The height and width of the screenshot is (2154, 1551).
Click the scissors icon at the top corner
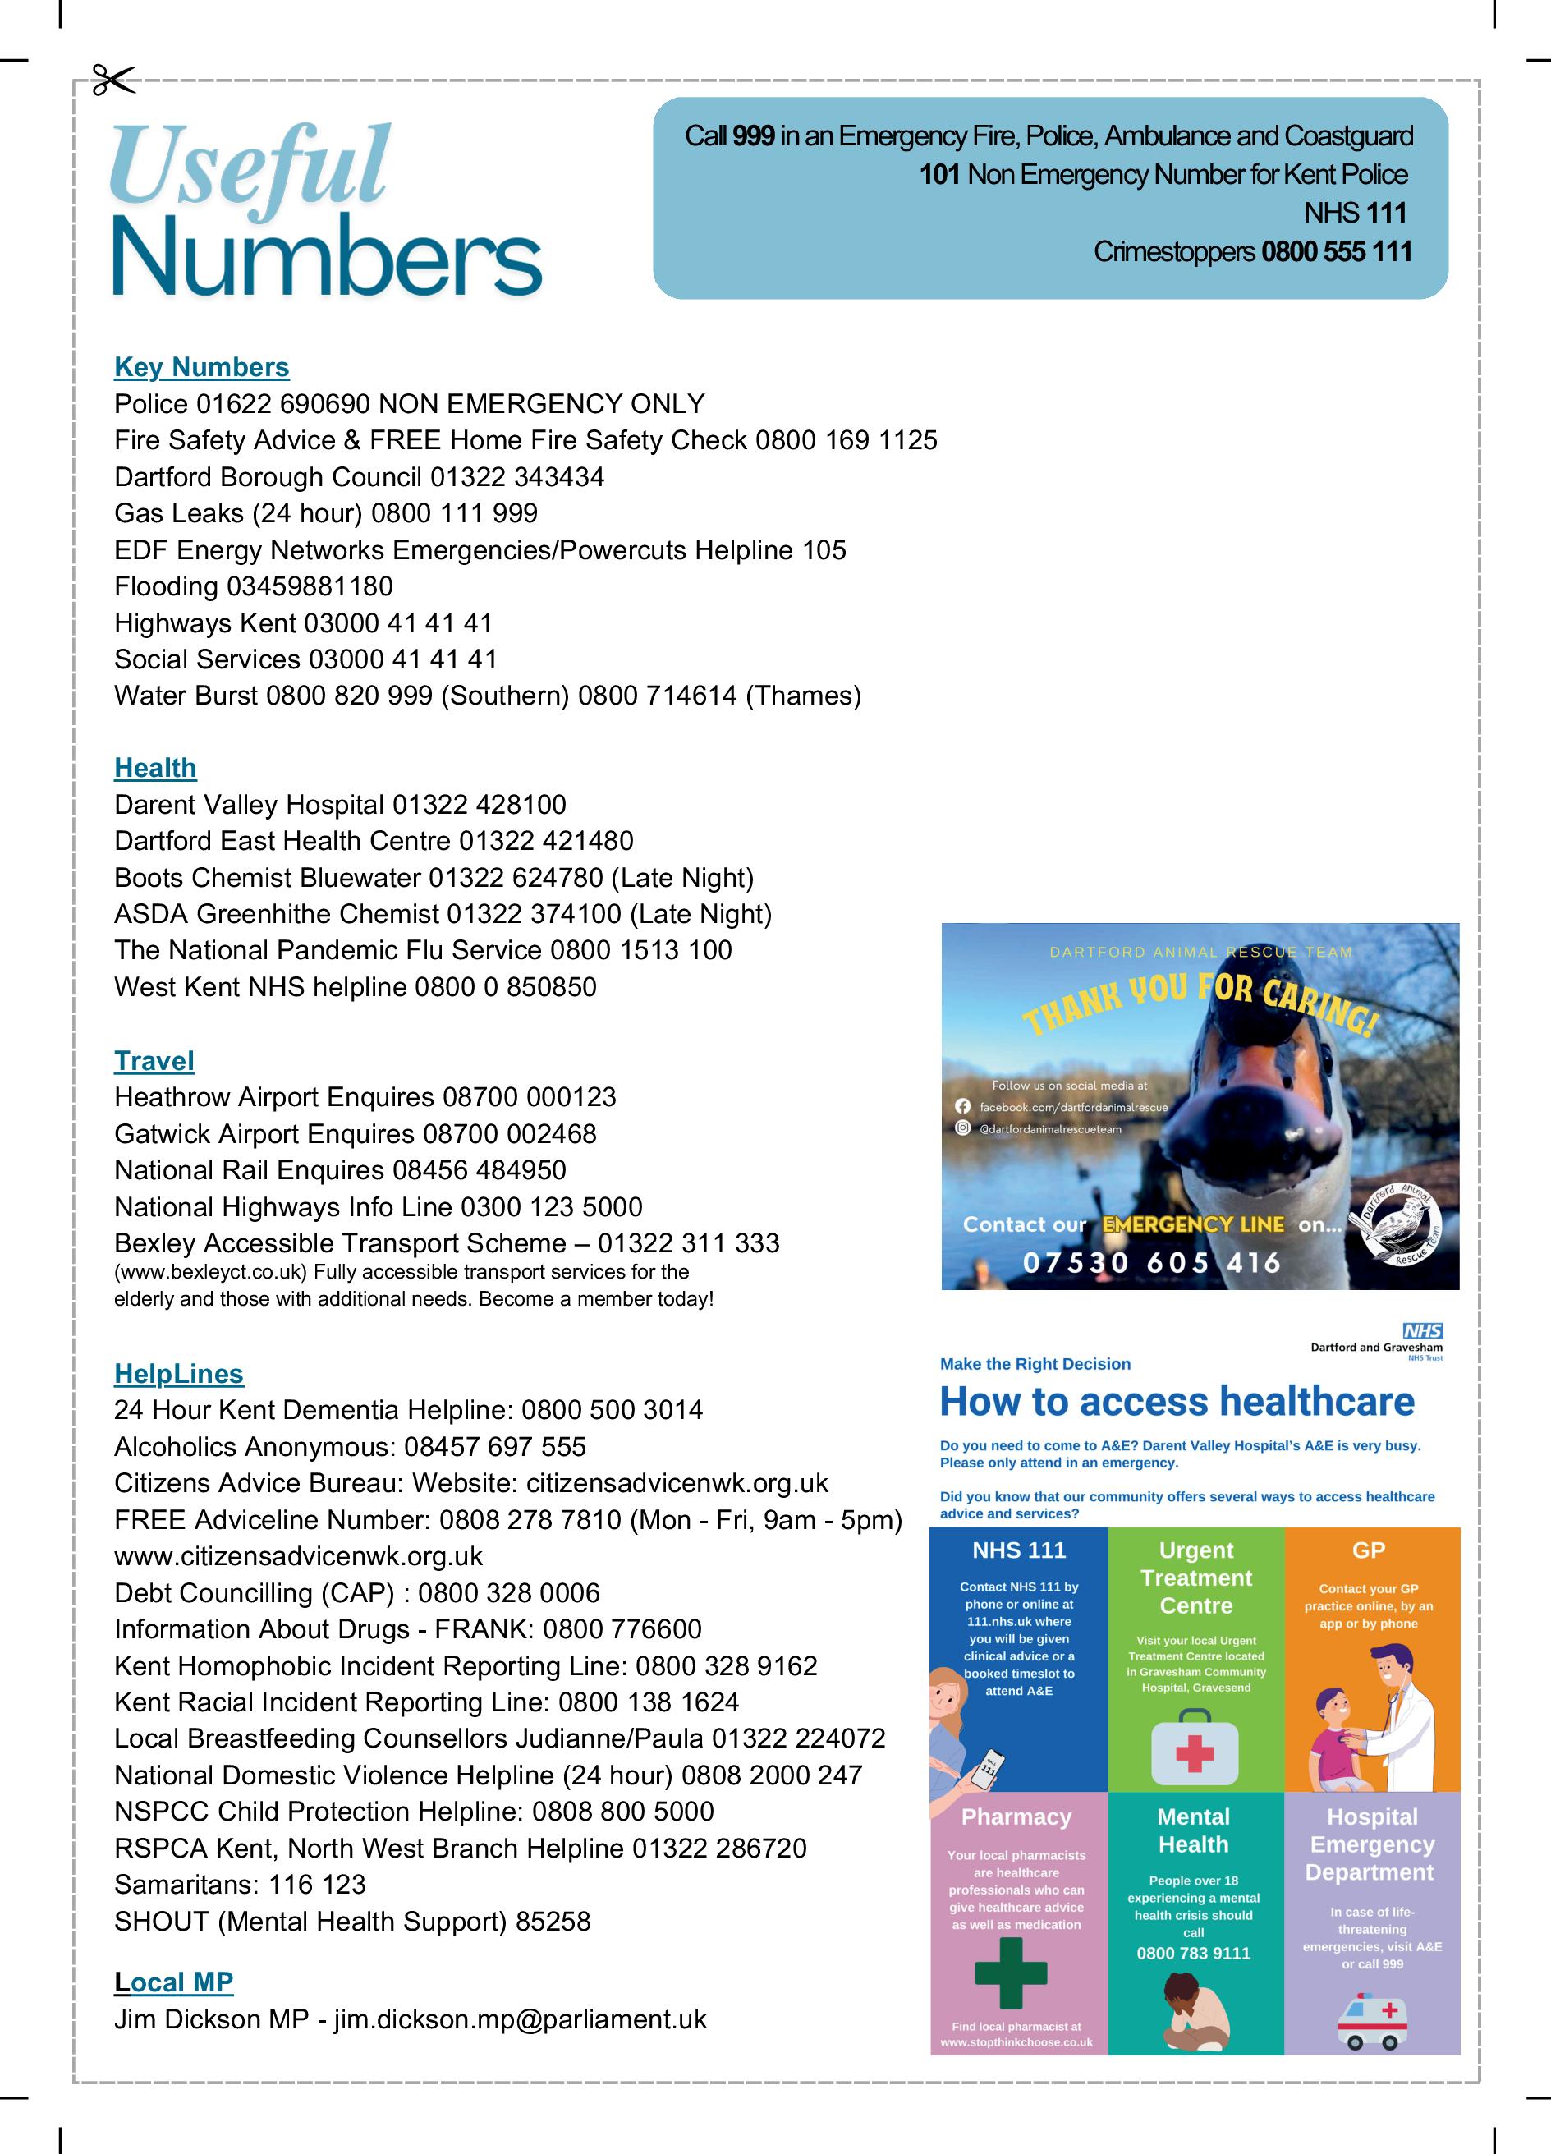(x=114, y=80)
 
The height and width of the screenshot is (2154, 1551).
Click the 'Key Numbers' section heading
(x=201, y=368)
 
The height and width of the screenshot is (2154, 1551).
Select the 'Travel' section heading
(x=154, y=1061)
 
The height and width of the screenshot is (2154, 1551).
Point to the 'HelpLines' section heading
(x=178, y=1373)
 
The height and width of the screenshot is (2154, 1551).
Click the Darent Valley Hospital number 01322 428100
(x=479, y=806)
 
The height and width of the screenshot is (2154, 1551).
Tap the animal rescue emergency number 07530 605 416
(x=1151, y=1263)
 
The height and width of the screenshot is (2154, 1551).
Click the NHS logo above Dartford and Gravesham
(x=1422, y=1331)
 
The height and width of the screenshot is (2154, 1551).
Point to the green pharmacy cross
(x=1011, y=1974)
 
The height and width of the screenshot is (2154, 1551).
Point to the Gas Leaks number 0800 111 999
(x=454, y=514)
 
